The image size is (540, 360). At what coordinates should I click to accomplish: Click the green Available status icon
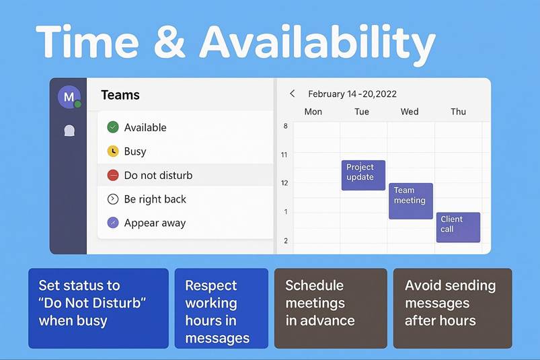point(113,127)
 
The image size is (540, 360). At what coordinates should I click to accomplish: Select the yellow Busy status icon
point(113,151)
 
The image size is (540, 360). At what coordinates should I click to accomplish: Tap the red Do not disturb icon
point(113,175)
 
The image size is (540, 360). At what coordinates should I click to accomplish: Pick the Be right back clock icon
point(113,199)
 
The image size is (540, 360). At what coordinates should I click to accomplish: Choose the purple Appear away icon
point(113,223)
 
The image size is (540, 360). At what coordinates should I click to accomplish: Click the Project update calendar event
point(363,175)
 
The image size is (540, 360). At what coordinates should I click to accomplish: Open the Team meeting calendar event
point(411,201)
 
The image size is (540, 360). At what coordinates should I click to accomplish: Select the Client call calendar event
point(458,227)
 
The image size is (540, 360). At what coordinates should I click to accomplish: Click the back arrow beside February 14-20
point(293,94)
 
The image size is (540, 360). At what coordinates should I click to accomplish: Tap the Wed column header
point(410,112)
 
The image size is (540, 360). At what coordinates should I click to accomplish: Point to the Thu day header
point(459,112)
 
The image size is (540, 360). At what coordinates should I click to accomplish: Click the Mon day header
point(313,112)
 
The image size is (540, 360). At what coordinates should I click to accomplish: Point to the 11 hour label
point(284,155)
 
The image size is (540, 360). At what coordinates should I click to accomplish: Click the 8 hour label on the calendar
point(286,126)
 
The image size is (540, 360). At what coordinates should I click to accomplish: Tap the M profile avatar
point(69,97)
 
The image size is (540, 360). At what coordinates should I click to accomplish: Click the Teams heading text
point(120,95)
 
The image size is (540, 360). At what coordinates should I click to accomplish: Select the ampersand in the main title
point(169,42)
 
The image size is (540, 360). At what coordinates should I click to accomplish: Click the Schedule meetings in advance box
point(331,308)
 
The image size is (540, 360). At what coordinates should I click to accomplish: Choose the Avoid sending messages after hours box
point(453,308)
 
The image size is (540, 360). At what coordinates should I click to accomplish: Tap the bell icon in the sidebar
point(69,131)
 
